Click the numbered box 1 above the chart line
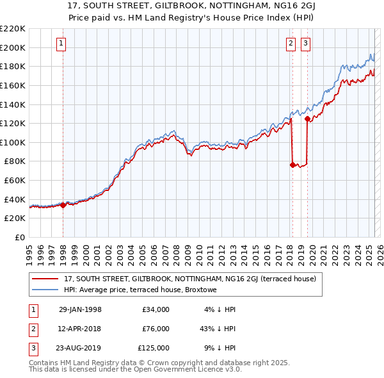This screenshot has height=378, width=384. coord(61,44)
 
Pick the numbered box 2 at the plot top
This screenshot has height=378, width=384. coord(291,44)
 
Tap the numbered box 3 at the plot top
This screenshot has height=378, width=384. coord(305,44)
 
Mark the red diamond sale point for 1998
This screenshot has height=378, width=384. coord(63,205)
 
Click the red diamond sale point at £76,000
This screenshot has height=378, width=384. coord(292,165)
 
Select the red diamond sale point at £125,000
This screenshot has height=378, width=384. coord(308,119)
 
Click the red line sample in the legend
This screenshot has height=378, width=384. coord(45,279)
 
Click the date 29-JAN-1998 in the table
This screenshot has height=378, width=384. coord(80,309)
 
